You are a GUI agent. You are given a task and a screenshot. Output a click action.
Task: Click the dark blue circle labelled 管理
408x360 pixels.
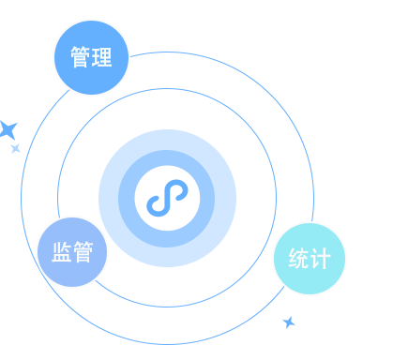pos(91,58)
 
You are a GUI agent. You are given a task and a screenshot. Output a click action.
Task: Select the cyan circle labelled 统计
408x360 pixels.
pos(310,258)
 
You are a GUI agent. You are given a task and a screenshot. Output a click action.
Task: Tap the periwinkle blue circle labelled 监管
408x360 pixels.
pos(72,252)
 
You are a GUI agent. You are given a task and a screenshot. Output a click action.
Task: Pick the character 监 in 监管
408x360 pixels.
pos(61,252)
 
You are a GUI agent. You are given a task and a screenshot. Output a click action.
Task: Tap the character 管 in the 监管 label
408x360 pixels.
pos(83,252)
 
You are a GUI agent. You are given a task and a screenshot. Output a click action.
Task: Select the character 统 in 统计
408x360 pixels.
pos(299,258)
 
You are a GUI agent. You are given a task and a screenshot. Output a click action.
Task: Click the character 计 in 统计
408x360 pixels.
pos(320,258)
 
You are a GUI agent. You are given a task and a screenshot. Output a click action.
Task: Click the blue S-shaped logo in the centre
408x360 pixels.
pos(167,198)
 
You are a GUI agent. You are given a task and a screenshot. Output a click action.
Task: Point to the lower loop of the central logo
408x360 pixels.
pos(159,206)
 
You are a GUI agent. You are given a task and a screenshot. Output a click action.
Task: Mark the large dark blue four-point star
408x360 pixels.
pos(8,129)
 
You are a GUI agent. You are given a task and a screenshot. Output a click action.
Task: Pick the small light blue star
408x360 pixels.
pos(15,148)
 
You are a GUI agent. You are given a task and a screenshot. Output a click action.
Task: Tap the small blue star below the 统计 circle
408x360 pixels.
pos(289,322)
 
